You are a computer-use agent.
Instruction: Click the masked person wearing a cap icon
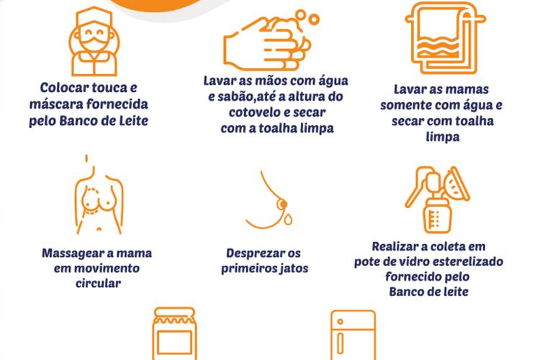[94, 41]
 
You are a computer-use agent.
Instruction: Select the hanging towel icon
[445, 38]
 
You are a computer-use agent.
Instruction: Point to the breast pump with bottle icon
[437, 200]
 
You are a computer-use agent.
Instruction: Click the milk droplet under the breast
[288, 218]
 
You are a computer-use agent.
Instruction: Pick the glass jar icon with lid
[175, 333]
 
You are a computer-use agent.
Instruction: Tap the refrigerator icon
[353, 335]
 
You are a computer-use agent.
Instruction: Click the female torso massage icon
[99, 194]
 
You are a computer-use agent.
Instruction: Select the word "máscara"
[55, 104]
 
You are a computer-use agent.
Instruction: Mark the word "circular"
[98, 284]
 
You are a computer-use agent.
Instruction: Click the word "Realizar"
[395, 247]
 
